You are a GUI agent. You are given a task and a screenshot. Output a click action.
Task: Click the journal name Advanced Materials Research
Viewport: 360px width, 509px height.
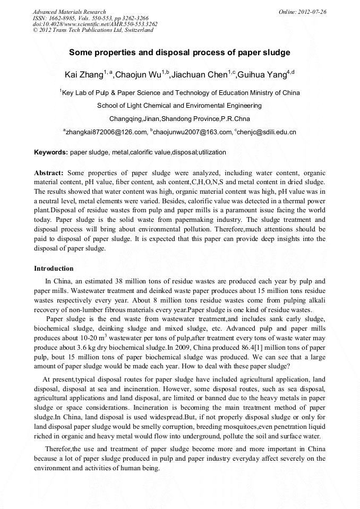click(70, 12)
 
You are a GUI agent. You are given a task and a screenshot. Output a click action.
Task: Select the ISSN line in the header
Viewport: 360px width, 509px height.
click(87, 18)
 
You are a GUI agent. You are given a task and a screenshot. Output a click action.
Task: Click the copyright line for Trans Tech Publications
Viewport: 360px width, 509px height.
click(93, 30)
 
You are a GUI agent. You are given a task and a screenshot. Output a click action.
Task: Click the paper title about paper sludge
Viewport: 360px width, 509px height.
click(179, 53)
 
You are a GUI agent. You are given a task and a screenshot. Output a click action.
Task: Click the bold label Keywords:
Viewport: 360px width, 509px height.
click(51, 152)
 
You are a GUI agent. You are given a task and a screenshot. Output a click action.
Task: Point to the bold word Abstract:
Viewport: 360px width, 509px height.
click(49, 173)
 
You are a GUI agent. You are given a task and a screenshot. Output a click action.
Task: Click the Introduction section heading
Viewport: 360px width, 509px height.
click(54, 269)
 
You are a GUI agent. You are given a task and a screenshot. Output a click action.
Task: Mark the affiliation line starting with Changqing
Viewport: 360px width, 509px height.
click(179, 119)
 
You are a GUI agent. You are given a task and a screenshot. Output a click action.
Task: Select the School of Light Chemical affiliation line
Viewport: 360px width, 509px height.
click(179, 106)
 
